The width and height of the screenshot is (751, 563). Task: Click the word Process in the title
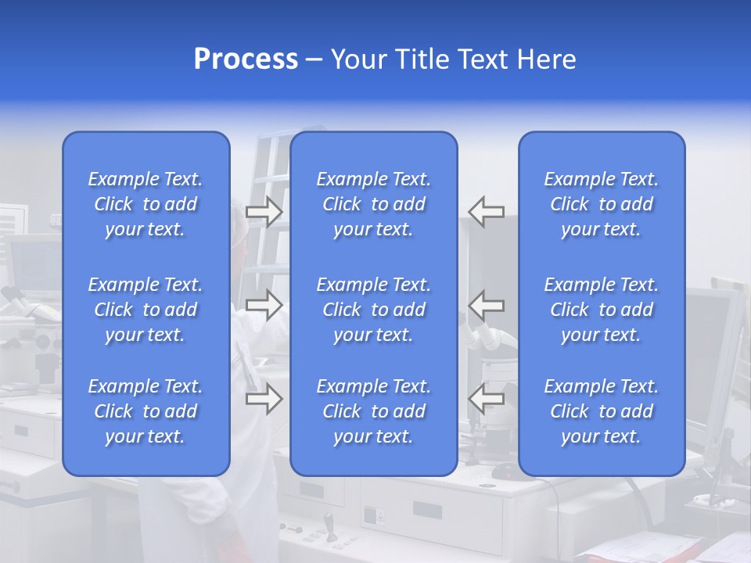pos(246,59)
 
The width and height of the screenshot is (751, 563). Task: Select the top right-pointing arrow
pos(264,212)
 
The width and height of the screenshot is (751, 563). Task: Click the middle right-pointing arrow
pos(264,305)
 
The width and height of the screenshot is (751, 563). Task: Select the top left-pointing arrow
pos(486,212)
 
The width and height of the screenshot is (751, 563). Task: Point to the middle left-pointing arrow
pos(486,305)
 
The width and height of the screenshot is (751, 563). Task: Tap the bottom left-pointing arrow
pos(486,399)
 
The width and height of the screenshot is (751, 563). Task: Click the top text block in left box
pos(146,204)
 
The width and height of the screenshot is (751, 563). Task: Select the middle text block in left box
pos(146,310)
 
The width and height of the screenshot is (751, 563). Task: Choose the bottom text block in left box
pos(146,411)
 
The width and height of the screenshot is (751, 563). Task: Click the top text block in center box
pos(373,204)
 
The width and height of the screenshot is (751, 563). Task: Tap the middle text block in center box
pos(373,310)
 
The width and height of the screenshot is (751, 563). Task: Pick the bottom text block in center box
pos(373,411)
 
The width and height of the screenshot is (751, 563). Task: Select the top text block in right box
pos(601,204)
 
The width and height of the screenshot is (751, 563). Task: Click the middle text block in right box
pos(601,310)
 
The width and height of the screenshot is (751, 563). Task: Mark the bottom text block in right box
pos(601,411)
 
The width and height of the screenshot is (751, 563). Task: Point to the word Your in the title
pos(359,59)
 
